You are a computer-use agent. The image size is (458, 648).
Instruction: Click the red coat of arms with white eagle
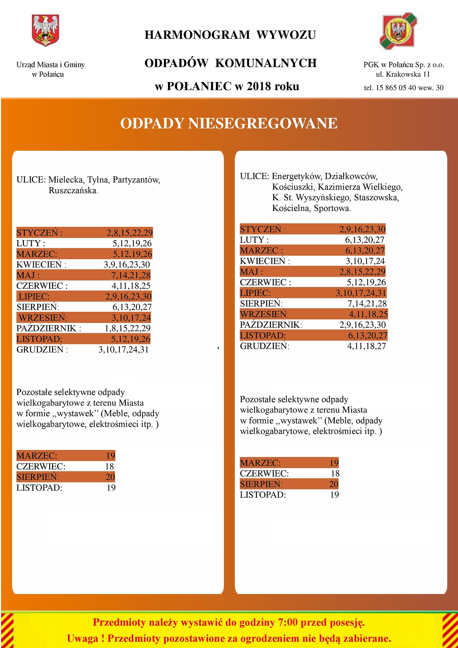(x=45, y=30)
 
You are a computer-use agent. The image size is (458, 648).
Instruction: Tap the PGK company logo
(x=398, y=31)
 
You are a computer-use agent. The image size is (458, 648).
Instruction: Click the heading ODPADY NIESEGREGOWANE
(x=229, y=123)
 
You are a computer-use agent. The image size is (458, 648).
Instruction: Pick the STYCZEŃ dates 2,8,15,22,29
(x=130, y=233)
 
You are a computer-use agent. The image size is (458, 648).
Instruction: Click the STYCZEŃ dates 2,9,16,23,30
(x=362, y=229)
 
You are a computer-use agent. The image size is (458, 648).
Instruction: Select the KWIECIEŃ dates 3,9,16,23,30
(x=127, y=265)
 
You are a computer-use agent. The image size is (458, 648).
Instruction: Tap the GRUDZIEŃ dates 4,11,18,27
(x=366, y=346)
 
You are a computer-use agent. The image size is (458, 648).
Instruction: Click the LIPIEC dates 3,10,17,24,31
(x=361, y=293)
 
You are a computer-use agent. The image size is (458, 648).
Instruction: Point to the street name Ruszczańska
(x=73, y=191)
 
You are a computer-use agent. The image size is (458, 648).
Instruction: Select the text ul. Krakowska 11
(x=403, y=74)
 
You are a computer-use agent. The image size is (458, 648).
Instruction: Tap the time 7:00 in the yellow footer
(x=287, y=623)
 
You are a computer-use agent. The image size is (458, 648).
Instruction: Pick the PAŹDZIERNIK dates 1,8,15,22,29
(x=127, y=328)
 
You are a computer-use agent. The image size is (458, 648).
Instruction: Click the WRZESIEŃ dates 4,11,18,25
(x=368, y=314)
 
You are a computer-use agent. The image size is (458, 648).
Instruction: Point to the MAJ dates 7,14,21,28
(x=131, y=276)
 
